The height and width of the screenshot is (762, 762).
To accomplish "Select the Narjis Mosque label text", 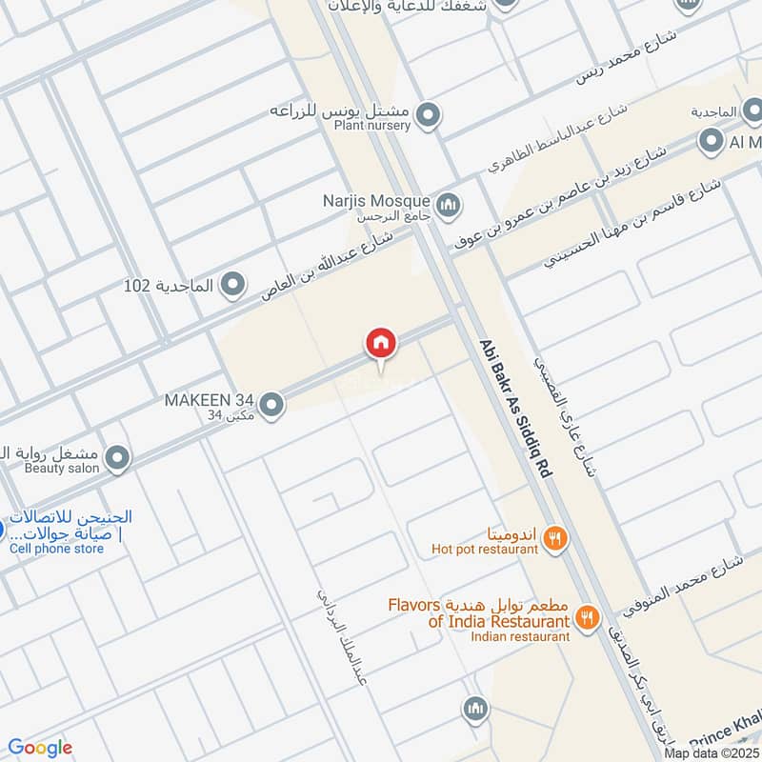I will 377,201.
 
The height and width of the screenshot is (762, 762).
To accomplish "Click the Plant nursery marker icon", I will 430,115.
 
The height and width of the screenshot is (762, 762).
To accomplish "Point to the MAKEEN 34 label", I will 209,399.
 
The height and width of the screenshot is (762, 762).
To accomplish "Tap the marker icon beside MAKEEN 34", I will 272,405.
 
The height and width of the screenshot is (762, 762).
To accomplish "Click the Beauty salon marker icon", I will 117,459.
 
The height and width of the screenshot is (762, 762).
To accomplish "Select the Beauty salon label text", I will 62,469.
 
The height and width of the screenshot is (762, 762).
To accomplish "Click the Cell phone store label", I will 57,548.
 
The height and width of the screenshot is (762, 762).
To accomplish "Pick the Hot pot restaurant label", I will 485,548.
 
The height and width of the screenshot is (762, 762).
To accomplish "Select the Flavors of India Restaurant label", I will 478,613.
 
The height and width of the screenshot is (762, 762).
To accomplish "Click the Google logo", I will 40,748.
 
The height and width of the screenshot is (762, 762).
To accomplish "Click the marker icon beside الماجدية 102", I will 232,284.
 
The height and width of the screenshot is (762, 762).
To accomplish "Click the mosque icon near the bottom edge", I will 475,709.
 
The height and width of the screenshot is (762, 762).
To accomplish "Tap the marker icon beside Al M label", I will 711,143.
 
